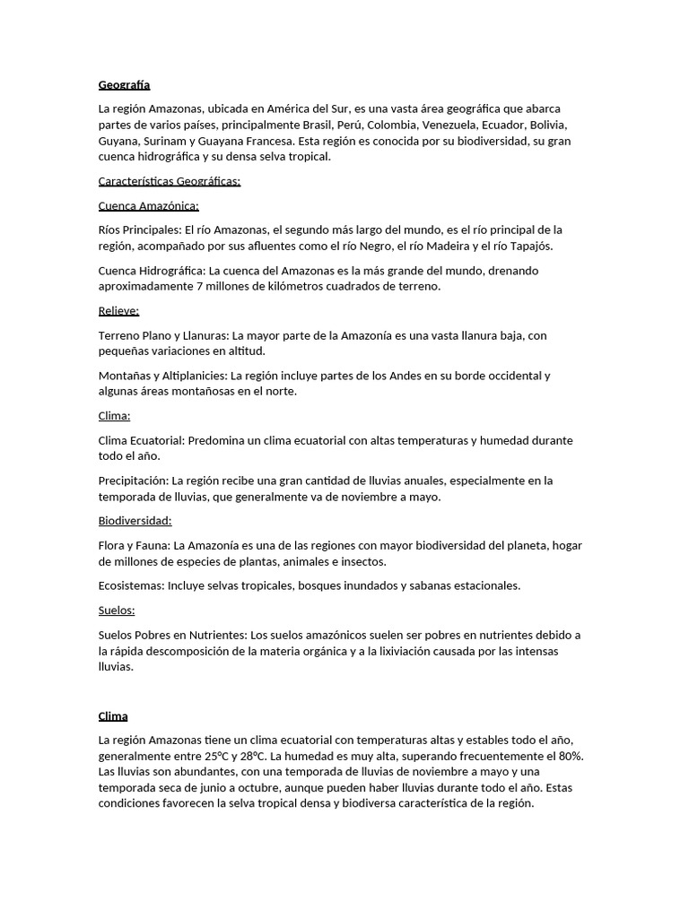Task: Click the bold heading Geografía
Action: [124, 85]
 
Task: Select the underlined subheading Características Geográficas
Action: [169, 181]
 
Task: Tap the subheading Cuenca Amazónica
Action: [148, 205]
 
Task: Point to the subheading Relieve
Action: [118, 311]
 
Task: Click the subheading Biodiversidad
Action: [135, 521]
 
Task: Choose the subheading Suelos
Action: [117, 611]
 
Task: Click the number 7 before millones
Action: [199, 287]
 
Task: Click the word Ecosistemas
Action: [133, 585]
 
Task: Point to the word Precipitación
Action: [133, 481]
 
